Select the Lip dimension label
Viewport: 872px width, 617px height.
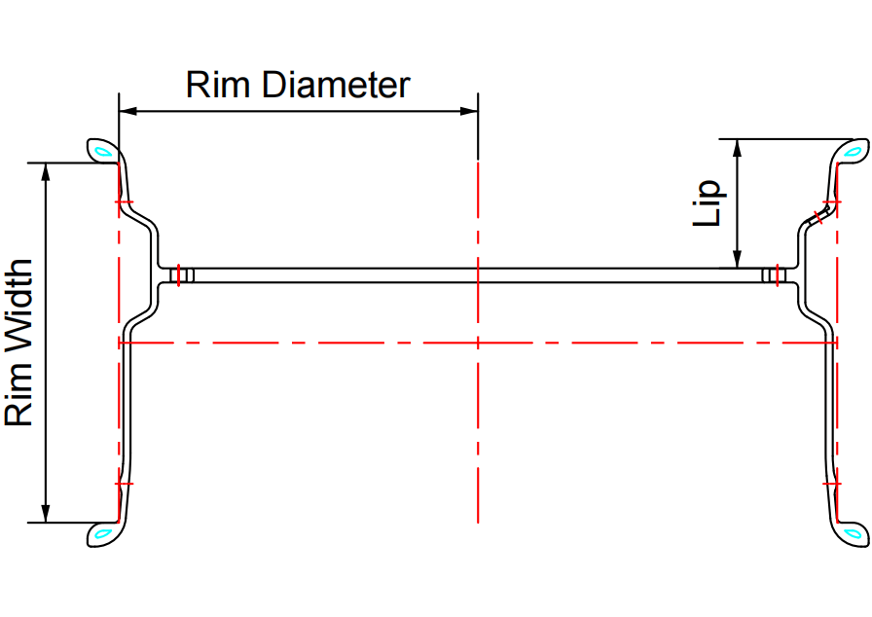point(708,202)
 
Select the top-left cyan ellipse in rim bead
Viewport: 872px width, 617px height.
point(102,151)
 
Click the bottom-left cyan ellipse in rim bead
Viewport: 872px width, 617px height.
point(102,532)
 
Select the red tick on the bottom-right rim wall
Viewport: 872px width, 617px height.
point(832,483)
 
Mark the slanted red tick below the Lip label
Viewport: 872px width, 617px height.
point(822,215)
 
